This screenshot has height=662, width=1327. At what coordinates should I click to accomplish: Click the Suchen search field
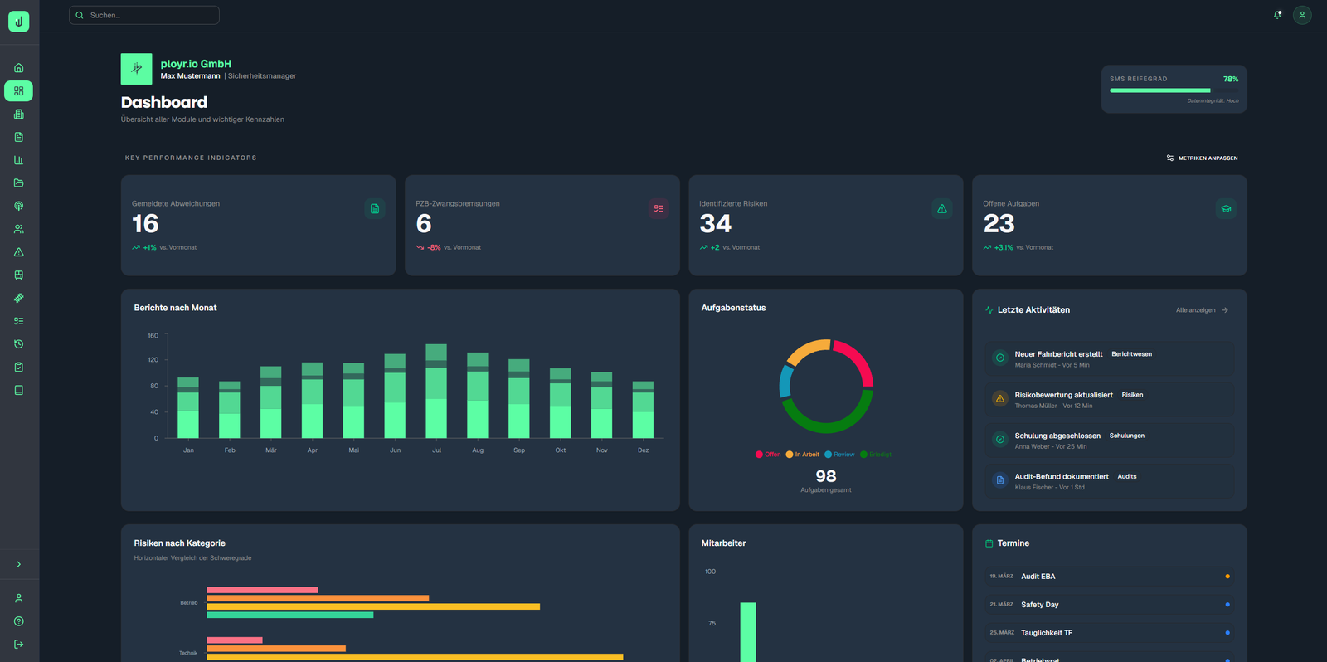tap(145, 15)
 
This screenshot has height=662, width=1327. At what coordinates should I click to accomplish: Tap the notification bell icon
tap(1277, 15)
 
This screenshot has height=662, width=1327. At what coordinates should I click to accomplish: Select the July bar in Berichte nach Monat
tap(436, 391)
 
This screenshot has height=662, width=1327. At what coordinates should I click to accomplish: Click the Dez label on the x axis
tap(644, 450)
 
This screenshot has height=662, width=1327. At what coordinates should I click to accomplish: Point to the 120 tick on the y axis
tap(153, 360)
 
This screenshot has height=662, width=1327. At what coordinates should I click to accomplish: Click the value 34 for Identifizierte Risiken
tap(715, 224)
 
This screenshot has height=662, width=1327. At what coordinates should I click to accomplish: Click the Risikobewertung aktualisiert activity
tap(1063, 395)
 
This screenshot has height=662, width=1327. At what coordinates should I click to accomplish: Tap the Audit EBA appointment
tap(1038, 577)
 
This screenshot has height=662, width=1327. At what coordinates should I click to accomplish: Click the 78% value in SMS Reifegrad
tap(1231, 79)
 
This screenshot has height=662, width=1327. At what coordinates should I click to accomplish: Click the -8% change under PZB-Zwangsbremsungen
tap(434, 247)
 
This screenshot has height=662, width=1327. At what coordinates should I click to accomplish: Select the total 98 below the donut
tap(826, 476)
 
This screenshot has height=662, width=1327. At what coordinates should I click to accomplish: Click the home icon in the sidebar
tap(18, 68)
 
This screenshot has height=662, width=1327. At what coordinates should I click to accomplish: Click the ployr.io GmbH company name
tap(196, 64)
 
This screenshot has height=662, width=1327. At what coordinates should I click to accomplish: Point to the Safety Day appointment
tap(1039, 605)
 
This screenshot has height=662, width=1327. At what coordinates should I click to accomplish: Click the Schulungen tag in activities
tap(1126, 436)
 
